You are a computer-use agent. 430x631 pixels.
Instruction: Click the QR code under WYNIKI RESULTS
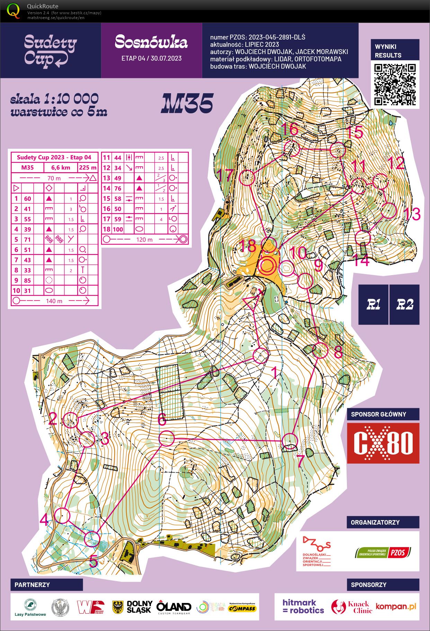(395, 84)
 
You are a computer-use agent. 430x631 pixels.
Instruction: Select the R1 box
(373, 305)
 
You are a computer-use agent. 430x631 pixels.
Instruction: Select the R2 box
(404, 305)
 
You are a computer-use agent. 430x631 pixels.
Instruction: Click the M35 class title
(187, 104)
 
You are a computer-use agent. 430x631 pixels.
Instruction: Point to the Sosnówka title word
(151, 42)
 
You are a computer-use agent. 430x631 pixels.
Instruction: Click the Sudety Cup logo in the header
(51, 51)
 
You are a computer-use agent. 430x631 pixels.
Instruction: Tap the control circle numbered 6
(166, 438)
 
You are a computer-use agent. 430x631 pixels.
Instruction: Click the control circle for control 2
(71, 420)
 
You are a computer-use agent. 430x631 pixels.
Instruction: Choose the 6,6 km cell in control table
(61, 168)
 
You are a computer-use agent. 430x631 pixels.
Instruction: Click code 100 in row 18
(118, 229)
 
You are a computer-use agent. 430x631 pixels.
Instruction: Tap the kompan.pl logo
(396, 606)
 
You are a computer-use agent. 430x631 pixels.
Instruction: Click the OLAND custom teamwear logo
(174, 607)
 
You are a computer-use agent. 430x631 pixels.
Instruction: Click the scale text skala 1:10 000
(54, 99)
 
